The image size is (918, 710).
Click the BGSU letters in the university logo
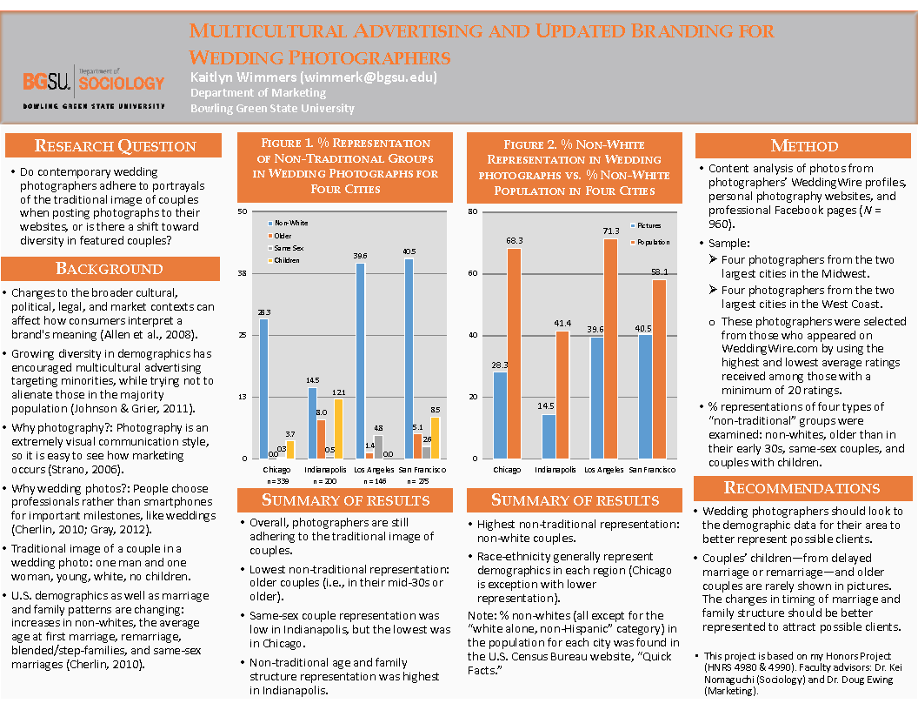tap(47, 83)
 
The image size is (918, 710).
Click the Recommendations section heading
tap(802, 488)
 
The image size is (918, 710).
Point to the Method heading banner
tap(804, 146)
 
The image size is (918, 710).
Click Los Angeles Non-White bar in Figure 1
tap(360, 360)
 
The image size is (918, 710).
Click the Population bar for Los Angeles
tap(610, 348)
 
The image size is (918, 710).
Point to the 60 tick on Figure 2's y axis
tap(472, 273)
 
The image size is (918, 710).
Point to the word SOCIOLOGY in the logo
tap(120, 84)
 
